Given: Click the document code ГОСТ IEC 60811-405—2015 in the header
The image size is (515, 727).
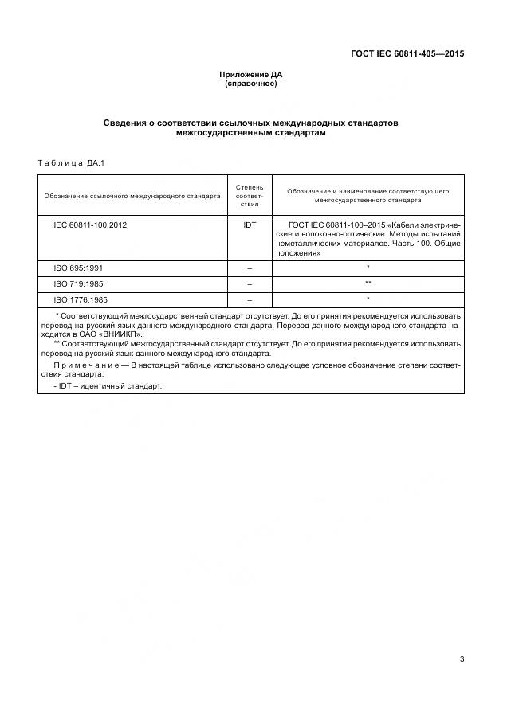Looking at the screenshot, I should point(407,54).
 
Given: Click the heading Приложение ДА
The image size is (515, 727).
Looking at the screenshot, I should point(251,75).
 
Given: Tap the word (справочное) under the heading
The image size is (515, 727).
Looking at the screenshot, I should point(251,84).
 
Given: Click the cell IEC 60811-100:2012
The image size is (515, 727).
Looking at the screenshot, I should point(90,225).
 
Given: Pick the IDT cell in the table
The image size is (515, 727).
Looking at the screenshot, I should point(250,225).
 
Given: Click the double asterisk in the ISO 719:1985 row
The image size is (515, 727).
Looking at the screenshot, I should point(368,283).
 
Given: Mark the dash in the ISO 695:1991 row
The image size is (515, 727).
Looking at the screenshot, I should point(250,268).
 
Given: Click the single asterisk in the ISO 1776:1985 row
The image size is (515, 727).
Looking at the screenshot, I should point(368,299).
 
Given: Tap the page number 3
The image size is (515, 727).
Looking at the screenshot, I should point(462,659).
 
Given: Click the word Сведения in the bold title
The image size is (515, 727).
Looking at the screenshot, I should point(127,123).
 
